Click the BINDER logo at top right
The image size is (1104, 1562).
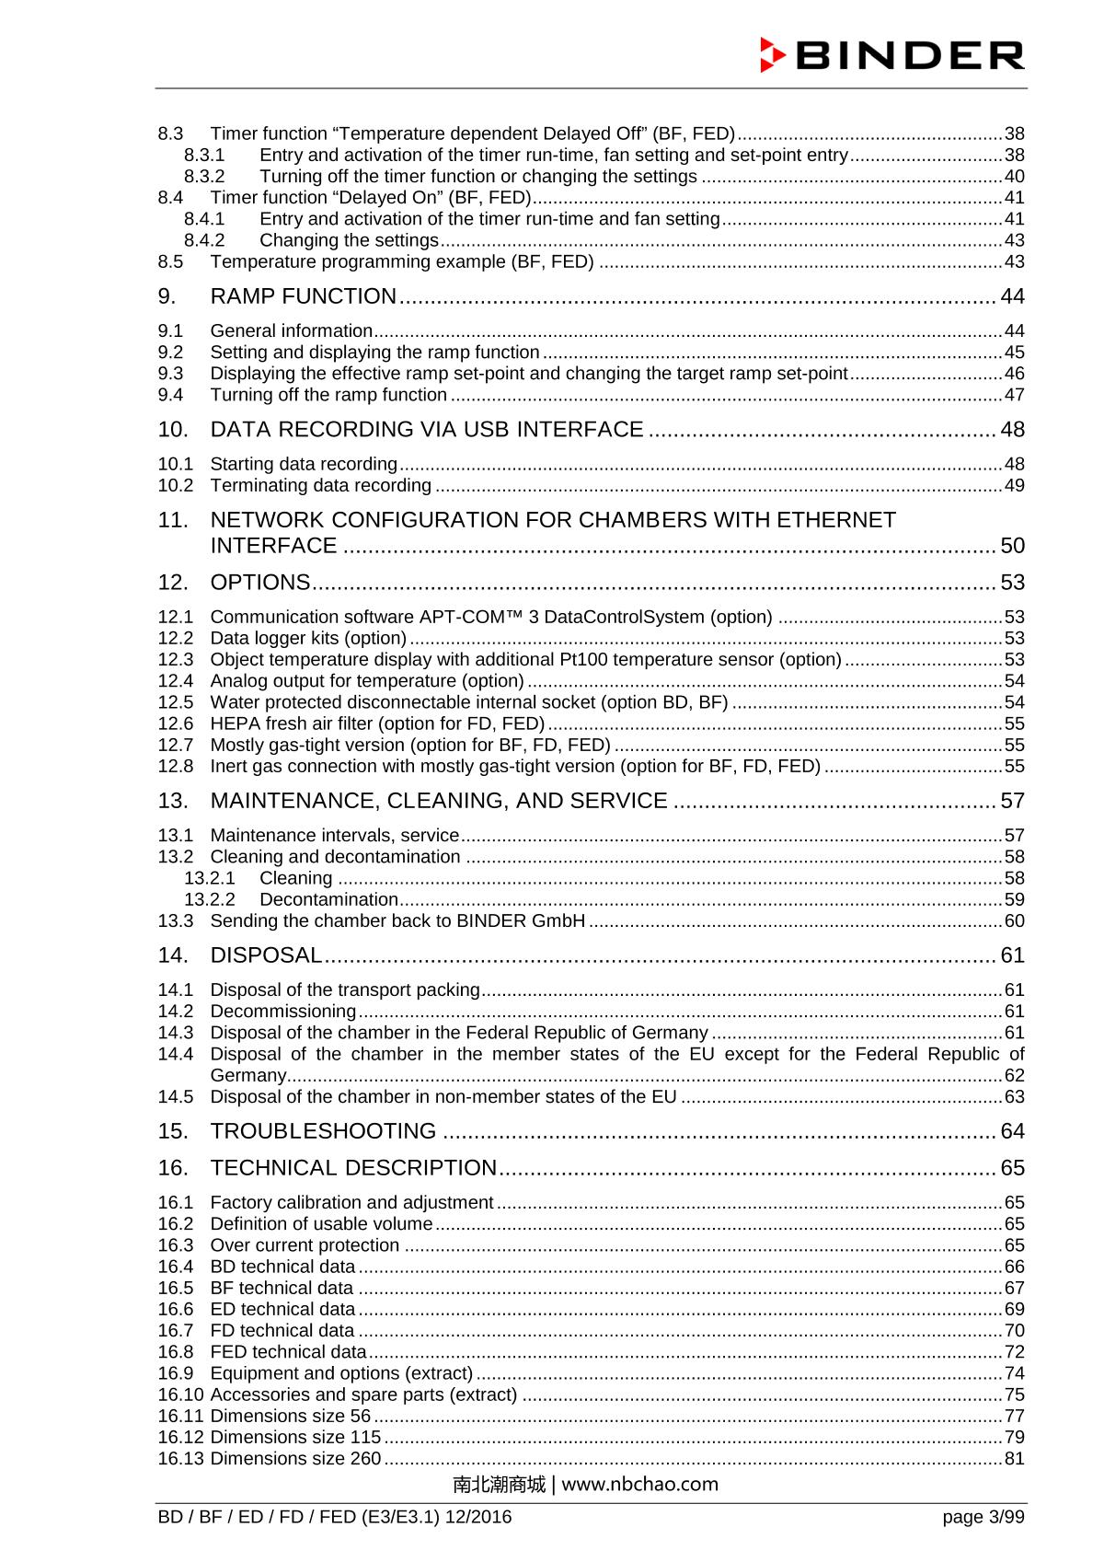[891, 55]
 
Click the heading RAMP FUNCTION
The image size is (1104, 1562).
[303, 296]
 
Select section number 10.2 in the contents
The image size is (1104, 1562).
[175, 485]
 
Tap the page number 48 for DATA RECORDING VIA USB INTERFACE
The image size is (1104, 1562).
[1012, 430]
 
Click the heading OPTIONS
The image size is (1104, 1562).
[260, 583]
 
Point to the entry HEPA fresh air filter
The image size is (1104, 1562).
[377, 723]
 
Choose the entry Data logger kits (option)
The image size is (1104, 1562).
[308, 638]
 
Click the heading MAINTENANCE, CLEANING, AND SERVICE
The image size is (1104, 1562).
[439, 801]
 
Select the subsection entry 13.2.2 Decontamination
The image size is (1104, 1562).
[328, 899]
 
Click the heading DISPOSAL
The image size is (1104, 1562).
[266, 955]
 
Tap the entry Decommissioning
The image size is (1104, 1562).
[283, 1012]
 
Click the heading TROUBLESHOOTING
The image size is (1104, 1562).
[323, 1131]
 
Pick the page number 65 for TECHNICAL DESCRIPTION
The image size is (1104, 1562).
[1012, 1168]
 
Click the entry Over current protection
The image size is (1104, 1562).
[305, 1245]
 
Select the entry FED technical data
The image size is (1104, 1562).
[288, 1352]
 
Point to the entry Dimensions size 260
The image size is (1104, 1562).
[295, 1459]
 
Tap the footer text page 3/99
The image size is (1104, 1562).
[983, 1517]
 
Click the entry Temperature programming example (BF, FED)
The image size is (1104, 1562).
[401, 261]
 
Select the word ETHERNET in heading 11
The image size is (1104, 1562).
[835, 520]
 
